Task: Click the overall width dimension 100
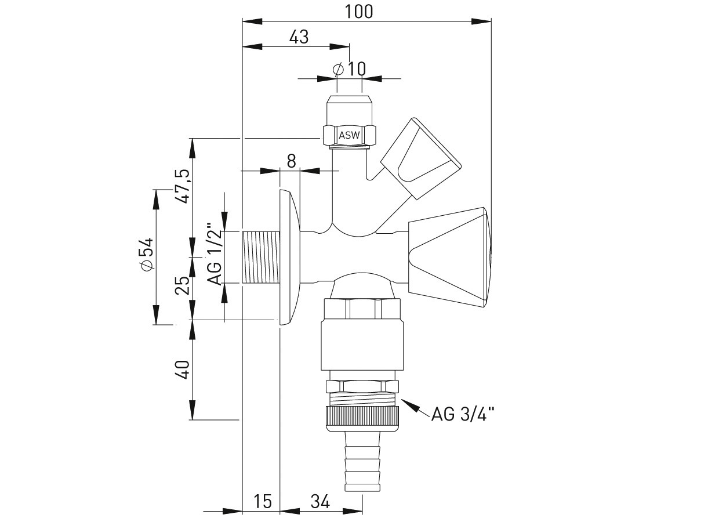(359, 12)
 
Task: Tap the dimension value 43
(299, 37)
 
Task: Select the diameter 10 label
(350, 68)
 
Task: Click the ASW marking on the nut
(349, 135)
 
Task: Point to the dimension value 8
(291, 161)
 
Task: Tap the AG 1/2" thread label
(215, 254)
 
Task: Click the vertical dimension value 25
(182, 285)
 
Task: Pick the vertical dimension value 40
(182, 370)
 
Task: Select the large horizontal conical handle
(448, 258)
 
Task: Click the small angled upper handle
(420, 158)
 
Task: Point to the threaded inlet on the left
(261, 257)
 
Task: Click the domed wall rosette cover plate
(289, 257)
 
